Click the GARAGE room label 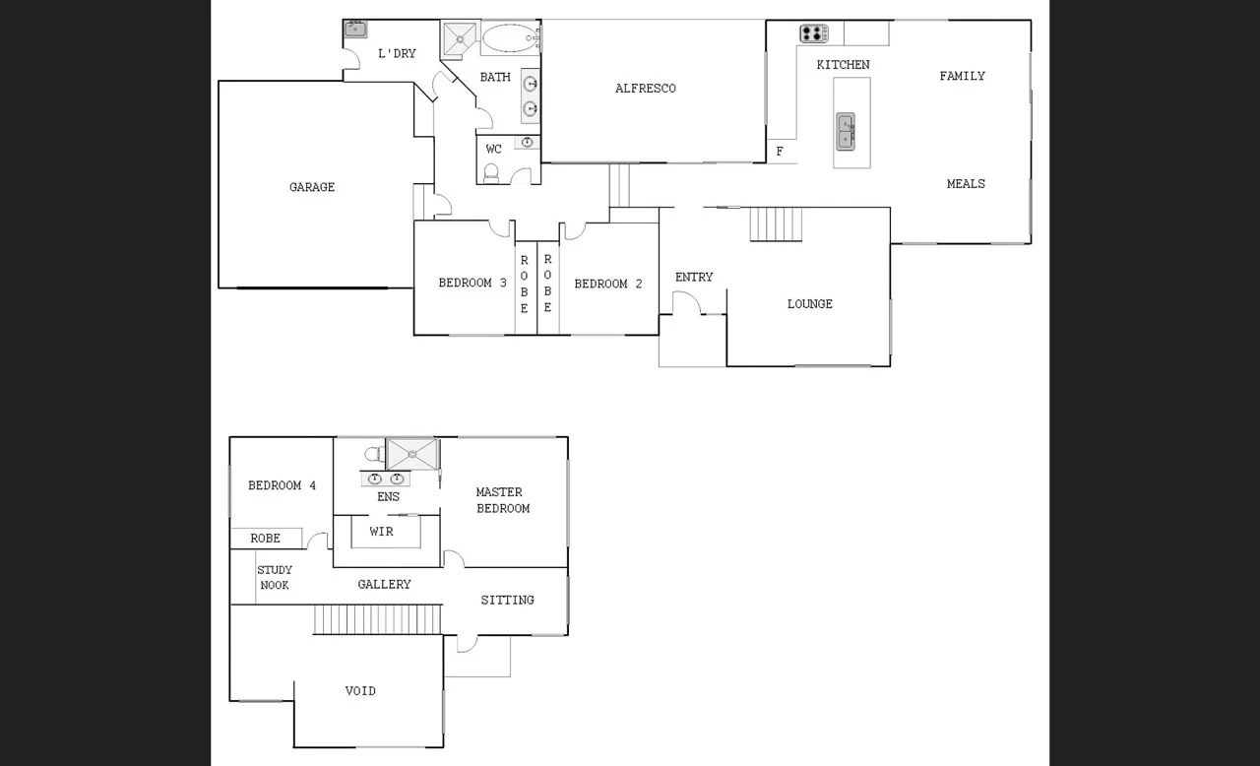[x=311, y=187]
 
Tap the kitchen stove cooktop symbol [x=813, y=33]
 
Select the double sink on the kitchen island [x=846, y=131]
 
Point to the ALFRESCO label [x=645, y=89]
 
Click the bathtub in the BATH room [x=508, y=39]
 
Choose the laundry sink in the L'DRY [x=355, y=30]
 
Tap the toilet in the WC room [x=492, y=173]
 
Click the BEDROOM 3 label [x=472, y=284]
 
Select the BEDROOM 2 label [x=607, y=284]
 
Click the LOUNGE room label [x=809, y=304]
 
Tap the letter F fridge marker [x=780, y=152]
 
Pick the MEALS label [x=965, y=184]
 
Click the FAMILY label [x=962, y=76]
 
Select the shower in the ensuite [x=410, y=454]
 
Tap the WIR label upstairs [x=381, y=532]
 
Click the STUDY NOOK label [x=274, y=578]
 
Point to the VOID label [x=360, y=691]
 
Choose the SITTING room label [x=507, y=601]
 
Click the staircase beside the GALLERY [x=377, y=620]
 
